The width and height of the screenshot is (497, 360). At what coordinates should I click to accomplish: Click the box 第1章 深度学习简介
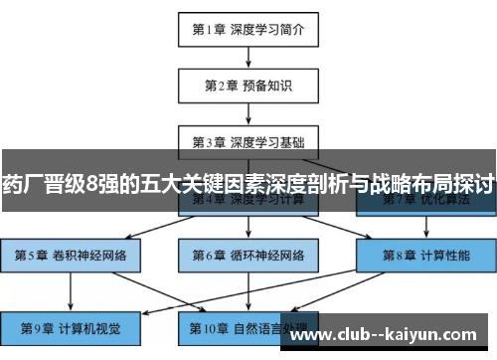point(248,31)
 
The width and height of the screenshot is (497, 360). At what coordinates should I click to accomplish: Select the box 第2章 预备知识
point(248,86)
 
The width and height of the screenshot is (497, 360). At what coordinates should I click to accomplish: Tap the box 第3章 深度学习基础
point(248,141)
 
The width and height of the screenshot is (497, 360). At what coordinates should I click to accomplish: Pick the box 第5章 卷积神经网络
point(71,255)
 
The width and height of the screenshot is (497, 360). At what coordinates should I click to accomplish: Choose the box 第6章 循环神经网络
point(248,255)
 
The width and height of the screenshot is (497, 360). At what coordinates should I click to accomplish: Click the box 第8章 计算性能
point(424,255)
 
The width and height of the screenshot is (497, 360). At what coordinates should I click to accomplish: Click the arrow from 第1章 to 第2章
point(248,58)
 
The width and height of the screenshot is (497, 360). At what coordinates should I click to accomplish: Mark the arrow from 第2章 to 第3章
point(248,113)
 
